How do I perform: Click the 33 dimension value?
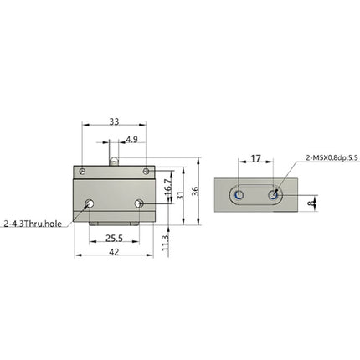(x=114, y=121)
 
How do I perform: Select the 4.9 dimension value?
(x=132, y=140)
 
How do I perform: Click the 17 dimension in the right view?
(x=255, y=157)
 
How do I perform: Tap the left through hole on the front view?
(x=90, y=202)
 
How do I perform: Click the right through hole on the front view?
(x=140, y=202)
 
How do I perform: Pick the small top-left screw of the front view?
(x=83, y=171)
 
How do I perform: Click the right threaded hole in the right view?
(x=275, y=195)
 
